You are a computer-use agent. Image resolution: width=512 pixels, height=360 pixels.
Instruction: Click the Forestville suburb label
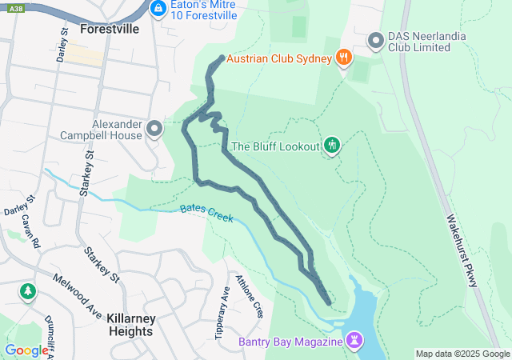pos(110,29)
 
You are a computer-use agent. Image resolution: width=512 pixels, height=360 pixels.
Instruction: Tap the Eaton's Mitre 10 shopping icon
pos(158,9)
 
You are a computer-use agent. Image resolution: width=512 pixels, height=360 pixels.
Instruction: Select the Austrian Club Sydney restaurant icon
pos(343,57)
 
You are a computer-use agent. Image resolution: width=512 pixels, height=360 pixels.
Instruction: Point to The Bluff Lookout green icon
pos(332,146)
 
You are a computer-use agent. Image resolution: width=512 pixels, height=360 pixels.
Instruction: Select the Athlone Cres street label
pos(249,295)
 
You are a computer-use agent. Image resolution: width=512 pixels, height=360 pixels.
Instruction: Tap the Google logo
pos(26,350)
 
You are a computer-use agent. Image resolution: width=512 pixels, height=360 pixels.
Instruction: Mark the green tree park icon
pos(29,291)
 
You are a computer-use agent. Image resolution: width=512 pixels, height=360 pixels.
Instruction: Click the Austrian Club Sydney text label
pos(278,58)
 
